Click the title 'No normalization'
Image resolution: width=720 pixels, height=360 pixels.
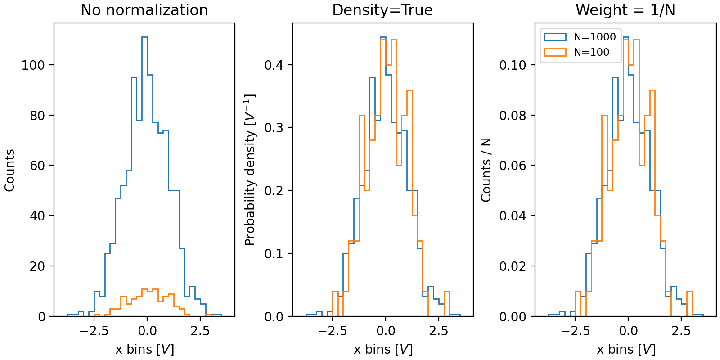[x=144, y=10]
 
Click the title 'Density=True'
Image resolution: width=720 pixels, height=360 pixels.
[x=382, y=10]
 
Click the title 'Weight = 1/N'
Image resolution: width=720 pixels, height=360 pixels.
[x=625, y=10]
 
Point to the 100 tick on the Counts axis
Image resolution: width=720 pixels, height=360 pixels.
[x=33, y=65]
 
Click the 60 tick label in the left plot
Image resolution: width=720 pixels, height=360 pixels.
[x=36, y=166]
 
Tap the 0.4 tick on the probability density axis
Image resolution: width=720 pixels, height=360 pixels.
[x=274, y=65]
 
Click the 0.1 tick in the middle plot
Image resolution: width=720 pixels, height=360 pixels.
[x=274, y=254]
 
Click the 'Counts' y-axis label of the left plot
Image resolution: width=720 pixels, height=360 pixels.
[x=10, y=170]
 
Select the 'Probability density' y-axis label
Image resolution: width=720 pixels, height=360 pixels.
[x=250, y=170]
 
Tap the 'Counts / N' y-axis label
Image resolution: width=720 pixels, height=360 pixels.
[x=486, y=170]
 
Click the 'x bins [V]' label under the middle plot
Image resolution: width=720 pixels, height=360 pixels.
[x=383, y=349]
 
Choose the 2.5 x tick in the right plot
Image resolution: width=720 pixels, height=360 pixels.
[x=681, y=331]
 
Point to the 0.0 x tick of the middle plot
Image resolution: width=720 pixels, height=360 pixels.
[x=385, y=331]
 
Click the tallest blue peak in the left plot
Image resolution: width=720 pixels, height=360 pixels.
[x=144, y=38]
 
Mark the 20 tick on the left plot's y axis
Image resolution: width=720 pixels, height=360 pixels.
[x=36, y=266]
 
